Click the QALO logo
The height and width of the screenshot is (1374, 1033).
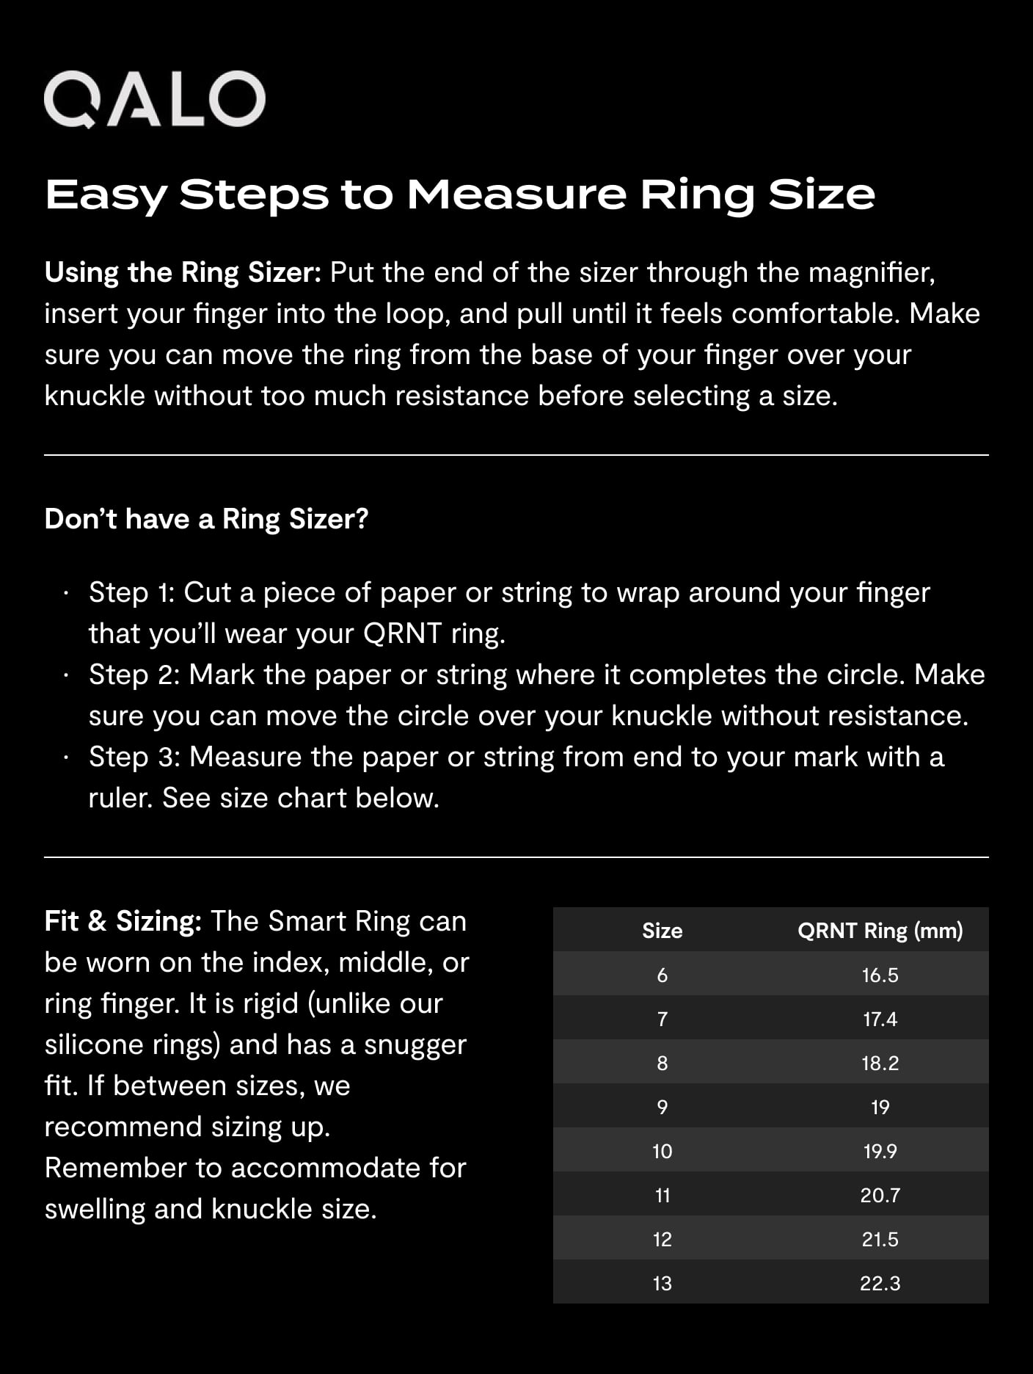154,99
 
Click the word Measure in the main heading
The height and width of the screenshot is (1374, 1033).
516,195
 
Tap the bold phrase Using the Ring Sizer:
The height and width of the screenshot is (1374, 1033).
183,273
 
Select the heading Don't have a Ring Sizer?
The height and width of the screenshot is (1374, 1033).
206,519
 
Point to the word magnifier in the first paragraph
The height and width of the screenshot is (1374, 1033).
871,273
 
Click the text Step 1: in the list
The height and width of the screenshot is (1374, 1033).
131,592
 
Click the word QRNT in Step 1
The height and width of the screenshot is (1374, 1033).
402,633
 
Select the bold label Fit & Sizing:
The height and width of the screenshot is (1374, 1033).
123,921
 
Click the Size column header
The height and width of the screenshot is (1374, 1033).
662,931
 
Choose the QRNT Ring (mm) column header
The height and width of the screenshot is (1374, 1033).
880,931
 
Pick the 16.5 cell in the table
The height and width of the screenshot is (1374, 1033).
880,975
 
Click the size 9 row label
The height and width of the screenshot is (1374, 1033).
662,1107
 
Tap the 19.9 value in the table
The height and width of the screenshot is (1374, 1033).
880,1151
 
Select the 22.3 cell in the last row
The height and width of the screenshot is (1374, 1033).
880,1283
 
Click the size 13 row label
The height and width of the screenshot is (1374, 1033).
662,1283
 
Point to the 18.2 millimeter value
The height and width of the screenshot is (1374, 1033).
880,1063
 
